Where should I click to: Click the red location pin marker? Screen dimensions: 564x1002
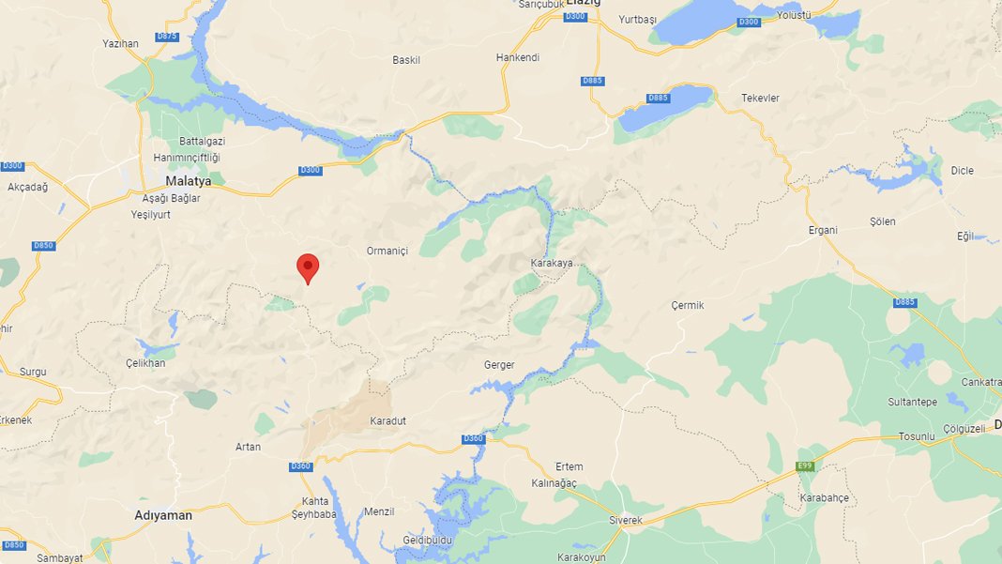pos(308,267)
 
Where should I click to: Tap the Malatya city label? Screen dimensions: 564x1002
pos(189,181)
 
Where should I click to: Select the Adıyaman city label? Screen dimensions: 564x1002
pos(163,515)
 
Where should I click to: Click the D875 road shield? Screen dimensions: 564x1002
pos(167,36)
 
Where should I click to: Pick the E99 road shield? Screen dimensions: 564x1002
pos(804,466)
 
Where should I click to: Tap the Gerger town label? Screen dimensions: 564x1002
pos(499,365)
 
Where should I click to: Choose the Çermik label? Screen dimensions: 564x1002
pos(687,305)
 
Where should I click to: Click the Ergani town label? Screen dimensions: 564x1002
pos(822,230)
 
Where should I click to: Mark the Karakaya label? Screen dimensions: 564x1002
pos(552,263)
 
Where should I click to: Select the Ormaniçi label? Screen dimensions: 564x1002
pos(387,251)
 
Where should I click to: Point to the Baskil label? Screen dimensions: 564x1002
pos(406,60)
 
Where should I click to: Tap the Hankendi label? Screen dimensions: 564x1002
pos(518,57)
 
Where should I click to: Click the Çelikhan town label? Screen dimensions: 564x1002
pos(145,363)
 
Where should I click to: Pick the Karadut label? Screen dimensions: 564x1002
pos(388,420)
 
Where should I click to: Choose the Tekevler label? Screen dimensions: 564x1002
pos(760,98)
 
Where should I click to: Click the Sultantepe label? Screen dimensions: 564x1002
pos(913,402)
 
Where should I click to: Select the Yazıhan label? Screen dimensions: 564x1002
pos(120,43)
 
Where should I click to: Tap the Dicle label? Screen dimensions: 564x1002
pos(962,171)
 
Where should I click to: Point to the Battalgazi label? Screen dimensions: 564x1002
pos(202,141)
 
